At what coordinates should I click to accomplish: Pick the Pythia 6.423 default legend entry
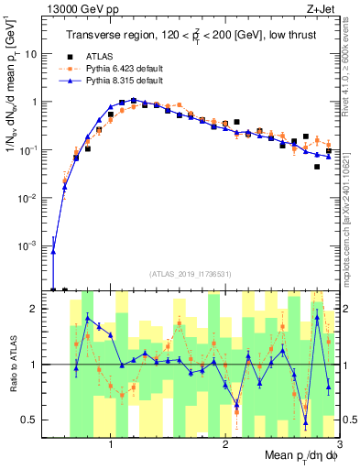pos(128,68)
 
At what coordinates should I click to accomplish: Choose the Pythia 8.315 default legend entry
pos(128,81)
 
